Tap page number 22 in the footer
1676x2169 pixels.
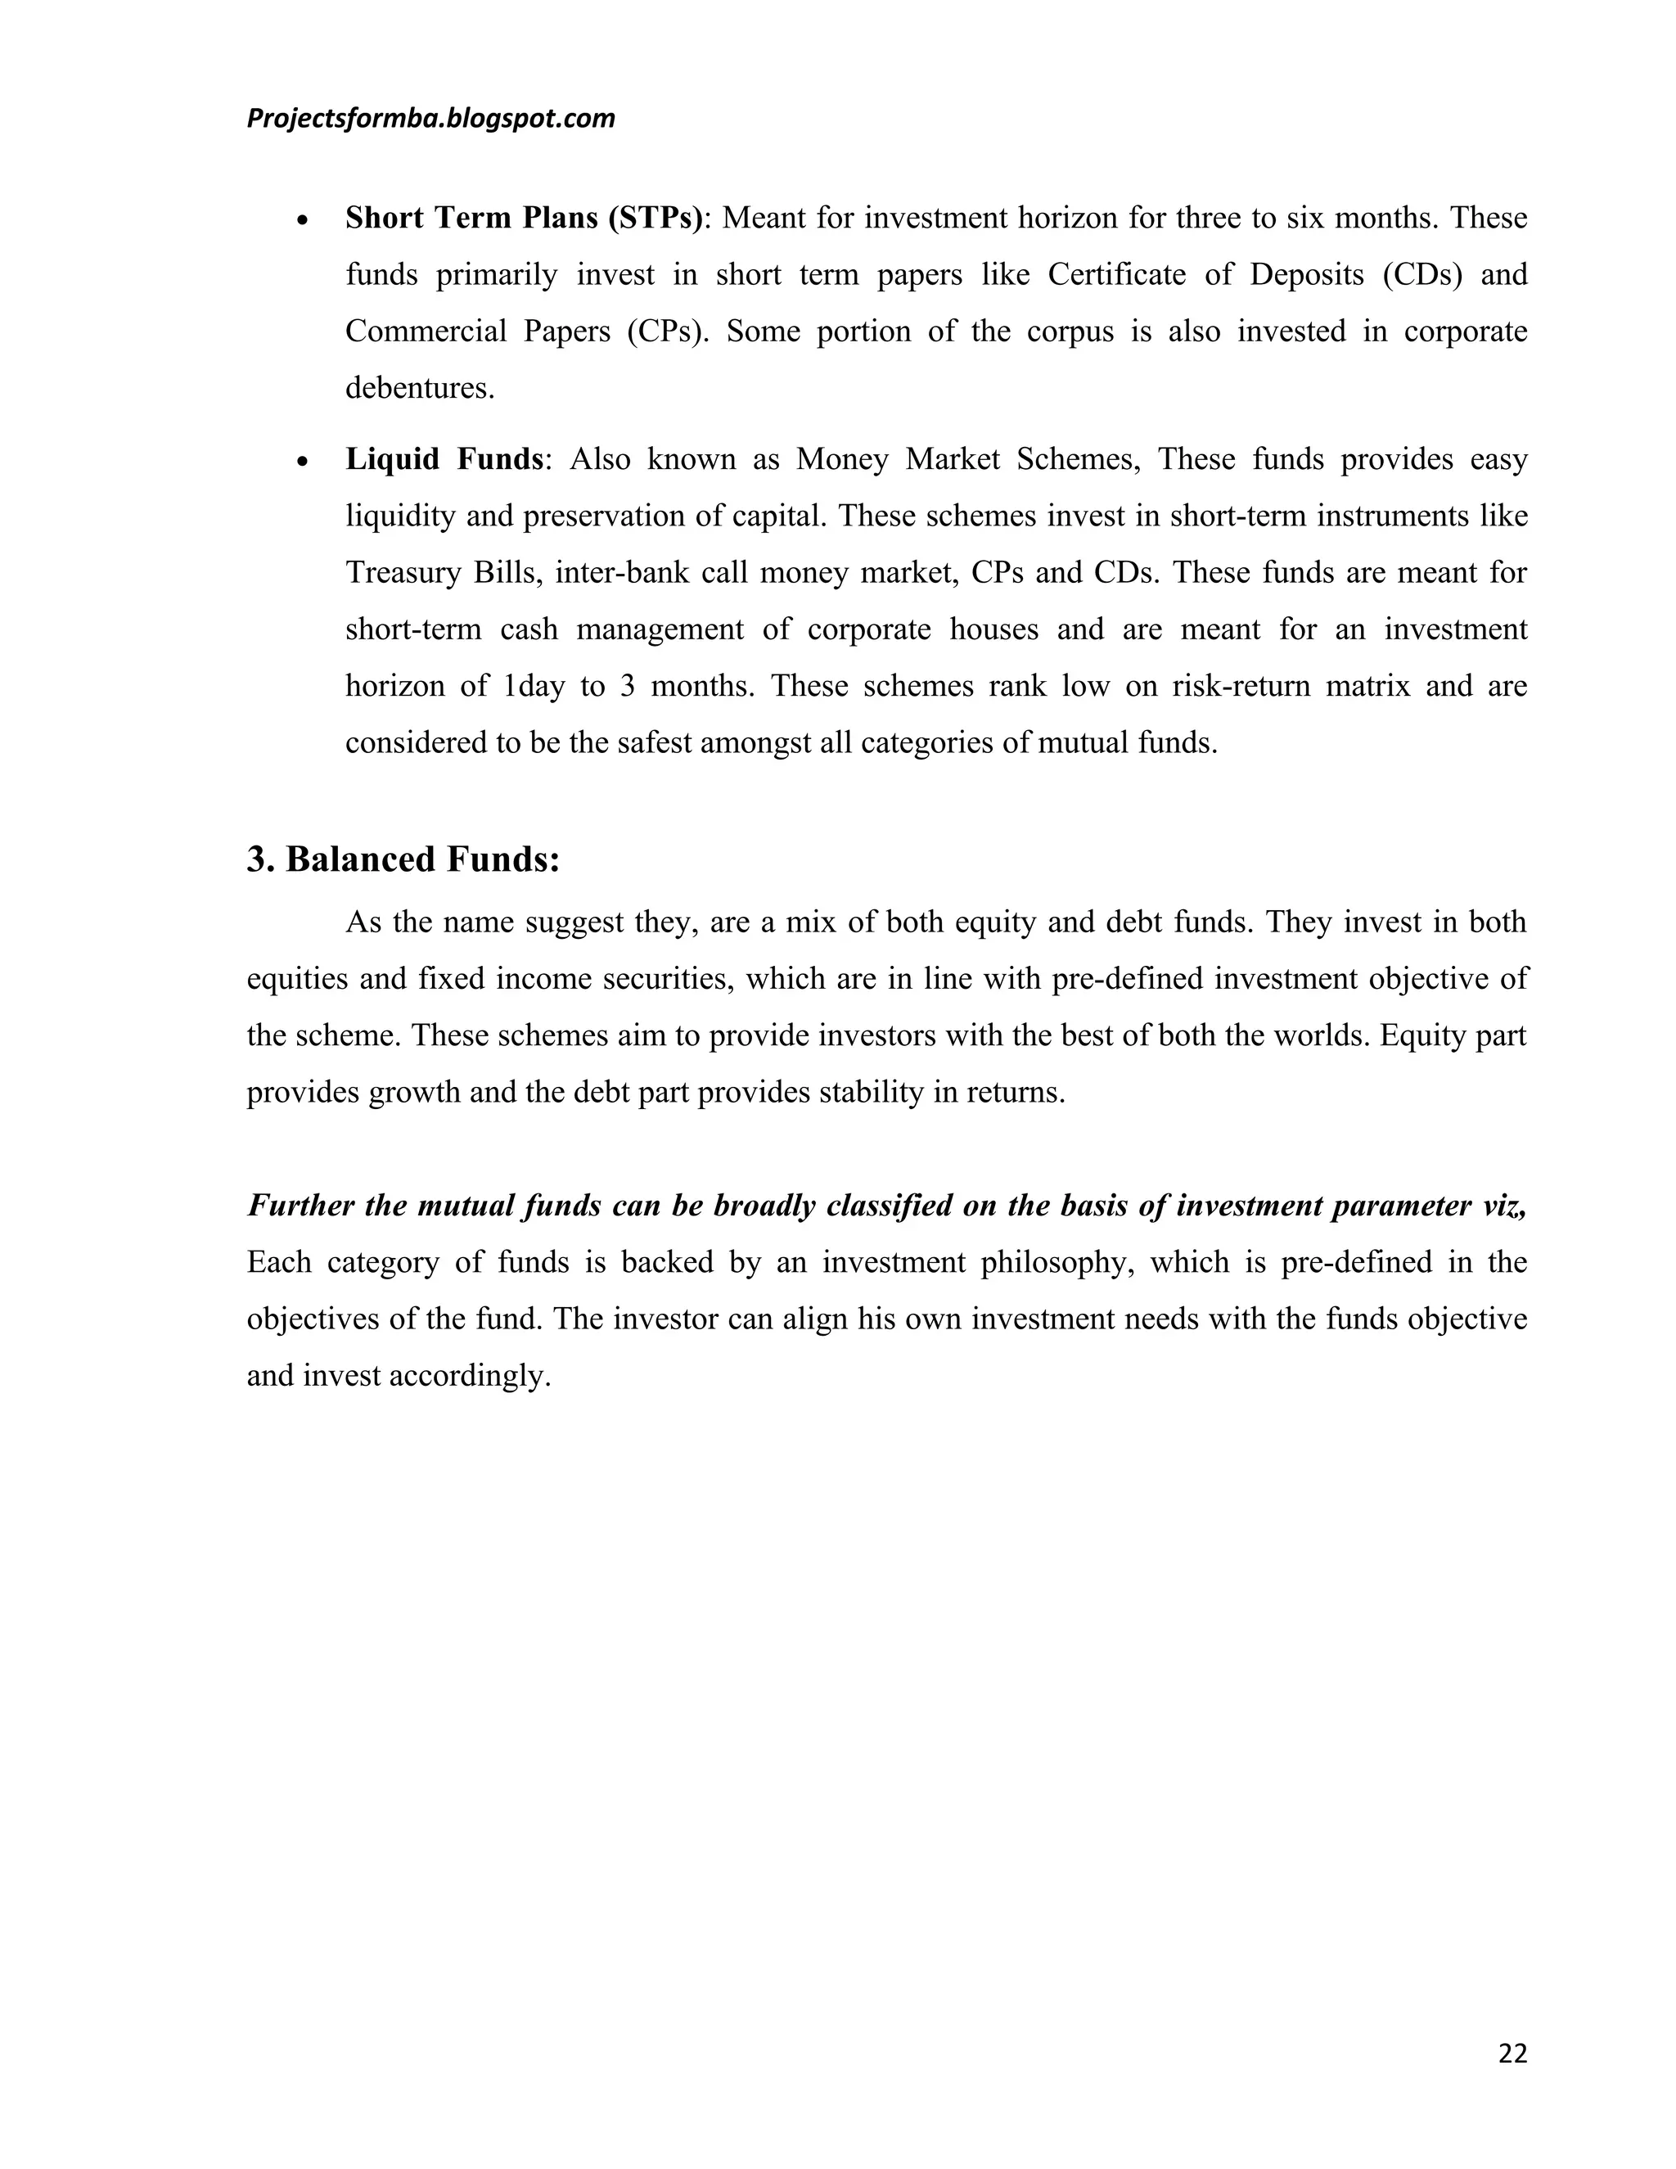coord(1512,2054)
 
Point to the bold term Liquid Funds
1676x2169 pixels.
coord(444,459)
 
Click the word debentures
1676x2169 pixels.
coord(418,388)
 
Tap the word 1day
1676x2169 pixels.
coord(534,686)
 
